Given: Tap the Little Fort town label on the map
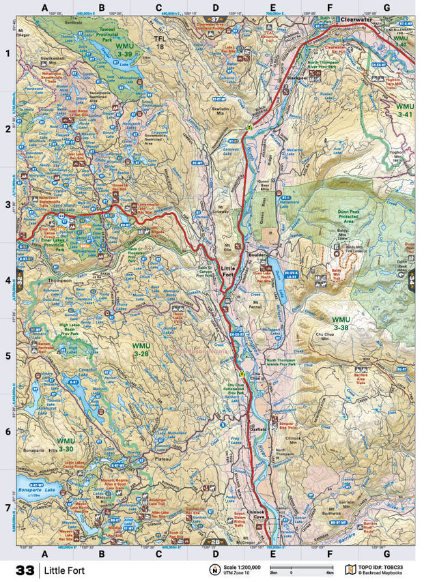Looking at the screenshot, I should coord(228,272).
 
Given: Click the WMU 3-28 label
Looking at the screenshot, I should coord(141,350).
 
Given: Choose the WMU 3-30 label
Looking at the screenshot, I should coord(66,445).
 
